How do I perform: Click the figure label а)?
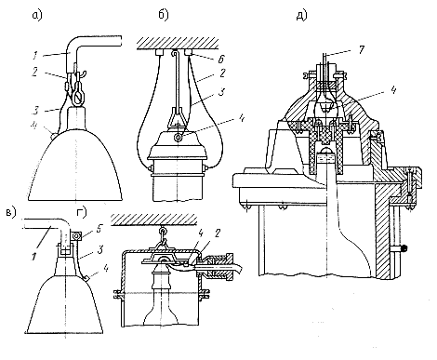click(x=37, y=16)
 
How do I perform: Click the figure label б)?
click(x=164, y=15)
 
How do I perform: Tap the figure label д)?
click(x=301, y=15)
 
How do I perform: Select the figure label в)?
click(x=11, y=212)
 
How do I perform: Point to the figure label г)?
click(x=82, y=213)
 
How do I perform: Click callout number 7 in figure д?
click(x=362, y=49)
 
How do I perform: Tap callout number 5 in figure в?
click(x=99, y=230)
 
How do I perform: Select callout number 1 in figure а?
click(x=35, y=56)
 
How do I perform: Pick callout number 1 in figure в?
click(x=34, y=256)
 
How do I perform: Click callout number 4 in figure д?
click(x=393, y=90)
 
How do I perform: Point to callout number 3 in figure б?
click(x=221, y=92)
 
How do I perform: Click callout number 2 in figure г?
click(x=218, y=233)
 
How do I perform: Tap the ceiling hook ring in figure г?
click(x=162, y=231)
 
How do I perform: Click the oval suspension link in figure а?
click(x=78, y=97)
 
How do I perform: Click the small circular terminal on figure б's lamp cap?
click(x=179, y=138)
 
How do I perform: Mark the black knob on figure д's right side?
click(x=404, y=247)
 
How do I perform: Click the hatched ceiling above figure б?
click(x=178, y=43)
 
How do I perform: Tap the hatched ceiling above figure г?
click(x=154, y=219)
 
